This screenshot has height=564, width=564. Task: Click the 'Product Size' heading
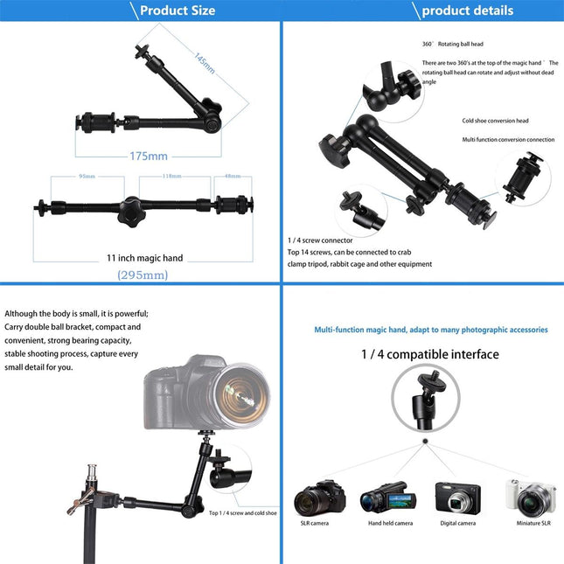pyautogui.click(x=177, y=10)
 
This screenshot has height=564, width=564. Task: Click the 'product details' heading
pyautogui.click(x=467, y=10)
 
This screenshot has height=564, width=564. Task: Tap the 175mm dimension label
pyautogui.click(x=148, y=156)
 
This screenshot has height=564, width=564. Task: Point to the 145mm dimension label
pyautogui.click(x=205, y=63)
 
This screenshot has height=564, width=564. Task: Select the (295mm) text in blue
pyautogui.click(x=143, y=275)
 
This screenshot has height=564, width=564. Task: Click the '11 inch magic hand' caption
pyautogui.click(x=145, y=257)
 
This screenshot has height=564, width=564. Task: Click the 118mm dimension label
pyautogui.click(x=171, y=176)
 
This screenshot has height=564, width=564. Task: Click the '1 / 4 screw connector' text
pyautogui.click(x=320, y=240)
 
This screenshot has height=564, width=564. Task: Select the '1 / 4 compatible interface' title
pyautogui.click(x=429, y=354)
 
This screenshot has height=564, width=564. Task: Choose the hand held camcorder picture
pyautogui.click(x=386, y=498)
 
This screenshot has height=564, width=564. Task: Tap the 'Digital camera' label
pyautogui.click(x=457, y=523)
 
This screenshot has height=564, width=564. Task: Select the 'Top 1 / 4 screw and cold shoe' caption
pyautogui.click(x=243, y=513)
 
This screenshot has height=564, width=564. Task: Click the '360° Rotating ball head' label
pyautogui.click(x=452, y=44)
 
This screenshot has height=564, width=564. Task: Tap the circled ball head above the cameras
pyautogui.click(x=425, y=400)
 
